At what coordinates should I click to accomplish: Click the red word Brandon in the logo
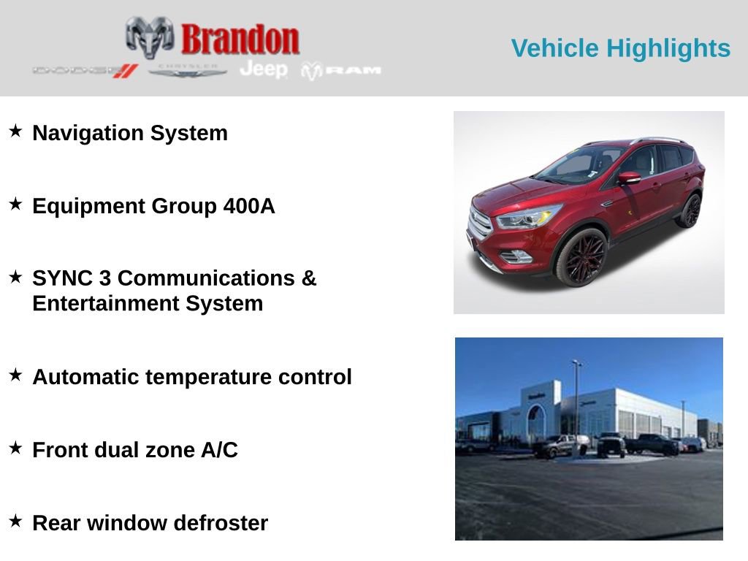tap(240, 39)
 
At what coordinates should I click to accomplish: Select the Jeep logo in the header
tap(264, 69)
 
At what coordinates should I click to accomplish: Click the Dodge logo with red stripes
tap(85, 70)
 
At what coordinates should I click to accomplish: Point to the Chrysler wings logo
tap(188, 70)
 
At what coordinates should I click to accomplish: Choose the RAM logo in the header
tap(342, 70)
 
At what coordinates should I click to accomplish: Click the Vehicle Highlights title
tap(620, 48)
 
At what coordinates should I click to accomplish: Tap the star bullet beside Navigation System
tap(15, 131)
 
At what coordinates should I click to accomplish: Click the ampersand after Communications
tap(309, 278)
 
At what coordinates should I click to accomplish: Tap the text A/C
tap(219, 450)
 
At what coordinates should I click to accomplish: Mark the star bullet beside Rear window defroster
tap(15, 521)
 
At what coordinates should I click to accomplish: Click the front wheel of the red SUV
tap(581, 257)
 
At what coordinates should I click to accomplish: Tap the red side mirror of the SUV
tap(628, 178)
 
